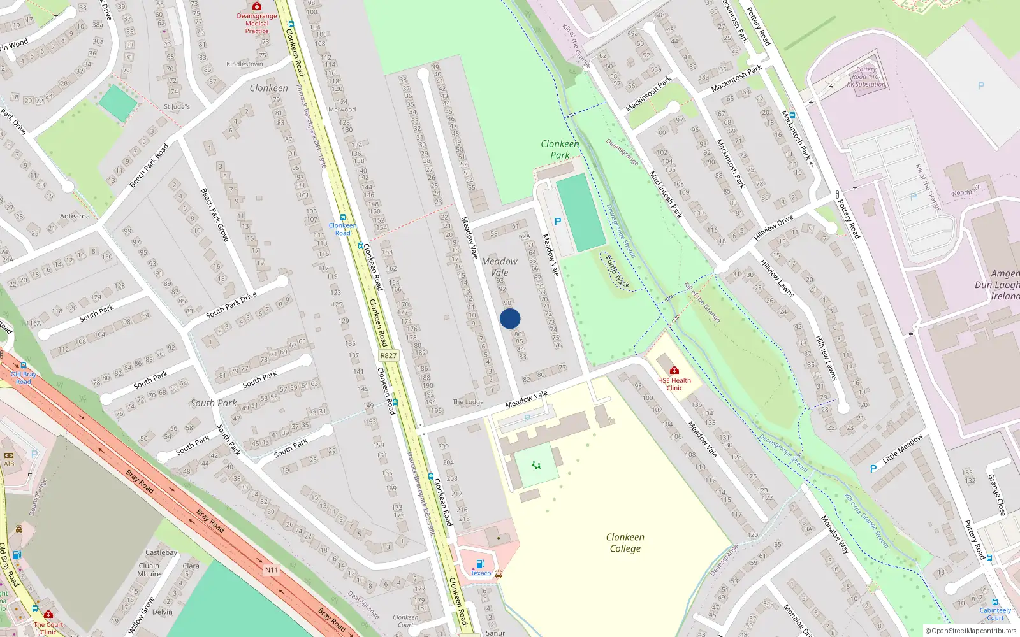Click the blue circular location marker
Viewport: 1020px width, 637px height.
(x=510, y=318)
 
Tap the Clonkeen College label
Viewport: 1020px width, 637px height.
(x=625, y=543)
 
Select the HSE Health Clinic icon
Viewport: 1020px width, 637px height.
(x=674, y=370)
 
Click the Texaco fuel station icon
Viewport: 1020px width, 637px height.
(x=480, y=564)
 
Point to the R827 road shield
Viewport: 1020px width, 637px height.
(x=388, y=356)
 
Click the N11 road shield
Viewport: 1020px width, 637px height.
(x=272, y=569)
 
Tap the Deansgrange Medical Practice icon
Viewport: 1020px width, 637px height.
(x=257, y=6)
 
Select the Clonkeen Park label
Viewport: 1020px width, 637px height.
(x=560, y=149)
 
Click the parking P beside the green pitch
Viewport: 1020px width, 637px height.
(x=558, y=222)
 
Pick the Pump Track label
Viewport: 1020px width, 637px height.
(x=616, y=272)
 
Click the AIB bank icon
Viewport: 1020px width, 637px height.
(x=9, y=455)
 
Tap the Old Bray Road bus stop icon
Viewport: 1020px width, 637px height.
(x=24, y=366)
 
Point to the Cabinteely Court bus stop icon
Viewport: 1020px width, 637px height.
(x=994, y=602)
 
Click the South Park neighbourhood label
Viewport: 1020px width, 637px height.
(x=213, y=403)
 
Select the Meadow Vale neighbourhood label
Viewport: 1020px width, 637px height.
(x=499, y=267)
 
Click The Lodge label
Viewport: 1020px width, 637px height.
(x=468, y=402)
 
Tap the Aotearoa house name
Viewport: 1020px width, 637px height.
(x=75, y=216)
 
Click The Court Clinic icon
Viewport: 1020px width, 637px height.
(x=48, y=615)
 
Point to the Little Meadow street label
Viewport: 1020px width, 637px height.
(x=902, y=448)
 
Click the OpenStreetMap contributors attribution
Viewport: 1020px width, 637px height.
(x=970, y=631)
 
